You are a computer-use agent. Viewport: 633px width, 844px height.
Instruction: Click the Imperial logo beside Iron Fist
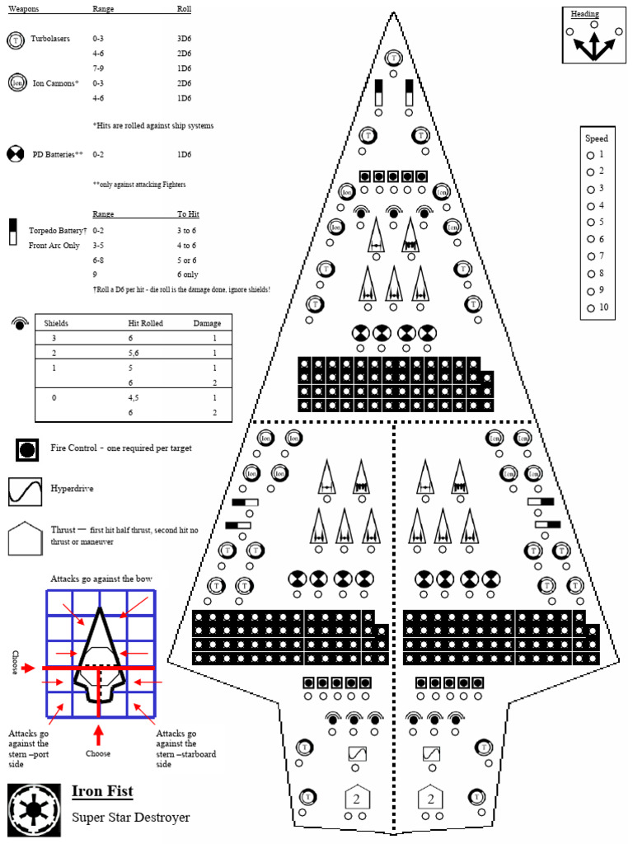pos(34,804)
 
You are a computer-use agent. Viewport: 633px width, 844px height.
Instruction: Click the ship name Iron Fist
pos(101,792)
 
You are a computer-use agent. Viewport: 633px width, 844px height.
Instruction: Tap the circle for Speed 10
pos(590,308)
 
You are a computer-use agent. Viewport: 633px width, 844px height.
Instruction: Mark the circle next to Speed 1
pos(590,155)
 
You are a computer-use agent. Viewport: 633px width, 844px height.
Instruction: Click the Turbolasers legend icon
pos(16,39)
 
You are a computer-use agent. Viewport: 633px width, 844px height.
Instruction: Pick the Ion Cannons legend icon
pos(16,82)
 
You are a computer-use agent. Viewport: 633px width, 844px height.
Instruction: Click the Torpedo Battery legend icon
pos(13,232)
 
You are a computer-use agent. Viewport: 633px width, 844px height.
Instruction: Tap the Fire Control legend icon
pos(28,450)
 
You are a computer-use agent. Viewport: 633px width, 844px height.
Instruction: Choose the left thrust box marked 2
pos(357,798)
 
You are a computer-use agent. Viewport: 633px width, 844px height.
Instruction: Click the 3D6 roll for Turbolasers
pos(185,39)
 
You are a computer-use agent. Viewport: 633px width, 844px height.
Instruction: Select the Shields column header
pos(56,324)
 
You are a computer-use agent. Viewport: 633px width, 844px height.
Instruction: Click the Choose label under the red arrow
pos(98,753)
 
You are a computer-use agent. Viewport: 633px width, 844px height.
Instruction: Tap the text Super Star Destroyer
pos(131,818)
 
